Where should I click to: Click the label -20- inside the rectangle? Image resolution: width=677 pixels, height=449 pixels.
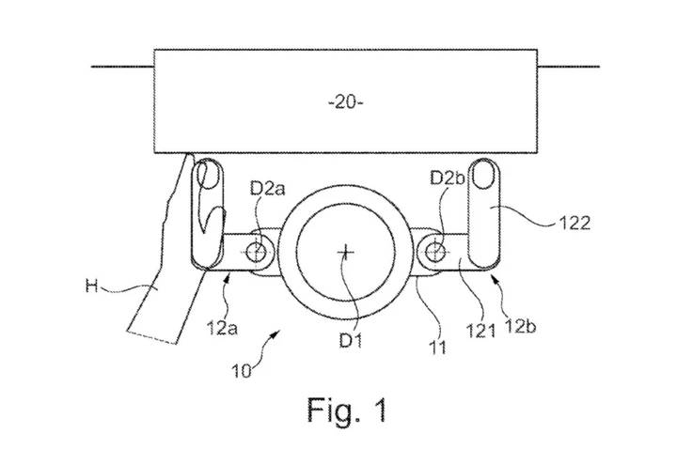pos(346,102)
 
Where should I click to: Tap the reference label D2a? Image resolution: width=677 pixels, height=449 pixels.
pos(268,189)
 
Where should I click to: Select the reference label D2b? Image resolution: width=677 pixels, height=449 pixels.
pos(448,178)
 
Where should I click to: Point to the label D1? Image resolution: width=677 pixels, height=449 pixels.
pos(350,340)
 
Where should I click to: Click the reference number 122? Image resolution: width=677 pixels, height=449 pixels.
pos(575,223)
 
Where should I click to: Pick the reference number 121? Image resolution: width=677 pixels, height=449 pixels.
pos(480,332)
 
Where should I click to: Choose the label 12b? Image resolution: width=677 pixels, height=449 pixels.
pos(519,327)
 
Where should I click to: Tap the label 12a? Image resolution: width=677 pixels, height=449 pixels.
pos(222,328)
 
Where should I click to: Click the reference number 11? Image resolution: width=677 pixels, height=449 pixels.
pos(437,348)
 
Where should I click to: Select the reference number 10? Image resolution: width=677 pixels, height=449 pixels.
pos(241,371)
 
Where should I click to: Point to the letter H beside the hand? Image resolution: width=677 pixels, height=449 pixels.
pos(92,286)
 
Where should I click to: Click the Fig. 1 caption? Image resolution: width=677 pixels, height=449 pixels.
pos(347,410)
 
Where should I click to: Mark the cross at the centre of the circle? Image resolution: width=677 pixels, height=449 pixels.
pos(346,252)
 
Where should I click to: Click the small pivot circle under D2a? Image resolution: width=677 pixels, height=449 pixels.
pos(256,252)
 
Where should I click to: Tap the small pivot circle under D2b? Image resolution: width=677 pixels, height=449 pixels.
pos(433,251)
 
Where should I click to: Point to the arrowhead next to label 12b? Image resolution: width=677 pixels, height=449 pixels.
pos(495,281)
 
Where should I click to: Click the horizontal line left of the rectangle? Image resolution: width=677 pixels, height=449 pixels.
pos(122,67)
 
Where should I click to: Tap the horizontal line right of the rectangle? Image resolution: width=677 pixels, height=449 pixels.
pos(569,67)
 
